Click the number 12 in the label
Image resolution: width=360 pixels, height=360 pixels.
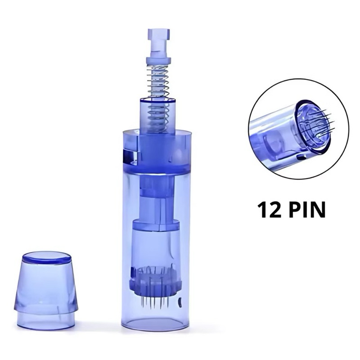[x=269, y=210]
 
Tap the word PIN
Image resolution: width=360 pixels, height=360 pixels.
[x=306, y=210]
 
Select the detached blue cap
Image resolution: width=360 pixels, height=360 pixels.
[x=46, y=291]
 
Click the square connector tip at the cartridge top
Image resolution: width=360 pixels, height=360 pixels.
[x=159, y=37]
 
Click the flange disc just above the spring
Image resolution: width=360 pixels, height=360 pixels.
[x=158, y=60]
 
